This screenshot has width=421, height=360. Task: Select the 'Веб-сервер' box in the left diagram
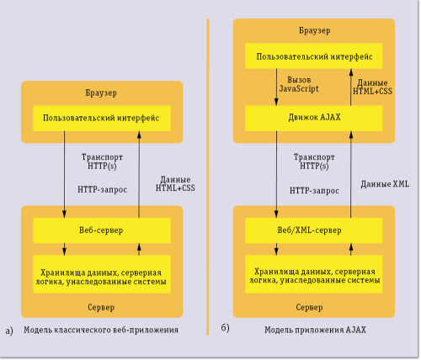[x=102, y=228]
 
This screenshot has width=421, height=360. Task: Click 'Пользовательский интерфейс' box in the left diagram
[x=102, y=118]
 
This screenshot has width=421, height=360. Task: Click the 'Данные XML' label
[x=384, y=183]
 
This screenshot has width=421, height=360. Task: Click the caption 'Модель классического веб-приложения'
[x=100, y=331]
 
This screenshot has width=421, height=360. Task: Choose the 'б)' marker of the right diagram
[x=226, y=326]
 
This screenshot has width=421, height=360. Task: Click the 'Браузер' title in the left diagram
[x=102, y=92]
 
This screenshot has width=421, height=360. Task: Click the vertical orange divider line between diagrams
[x=207, y=168]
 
